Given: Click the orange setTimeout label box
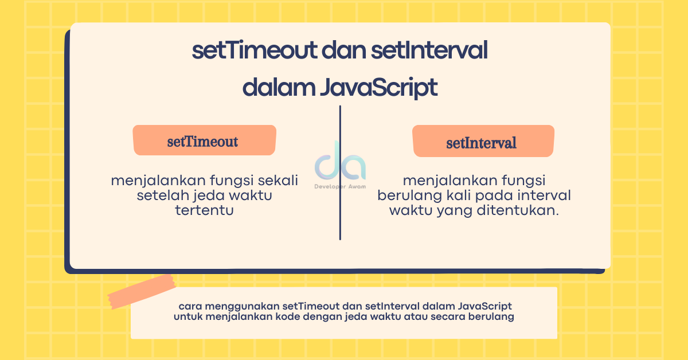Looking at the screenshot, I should click(204, 140).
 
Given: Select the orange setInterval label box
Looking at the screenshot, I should click(483, 142).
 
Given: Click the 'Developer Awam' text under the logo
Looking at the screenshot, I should click(340, 186).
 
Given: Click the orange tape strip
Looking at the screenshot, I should click(142, 291).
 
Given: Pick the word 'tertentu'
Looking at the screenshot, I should click(205, 210).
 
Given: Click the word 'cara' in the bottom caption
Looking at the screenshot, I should click(190, 306).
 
